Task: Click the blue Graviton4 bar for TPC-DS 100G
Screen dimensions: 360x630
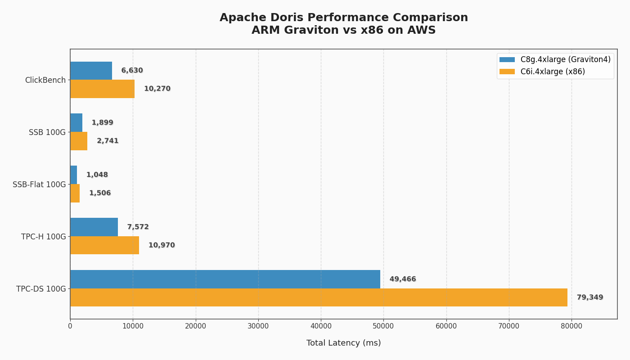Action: click(x=225, y=279)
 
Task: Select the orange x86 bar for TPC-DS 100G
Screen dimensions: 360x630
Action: click(x=319, y=297)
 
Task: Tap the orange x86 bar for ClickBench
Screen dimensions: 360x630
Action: click(x=102, y=89)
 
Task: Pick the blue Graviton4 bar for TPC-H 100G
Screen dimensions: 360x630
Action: click(x=94, y=227)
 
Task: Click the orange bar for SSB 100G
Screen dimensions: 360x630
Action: click(x=79, y=141)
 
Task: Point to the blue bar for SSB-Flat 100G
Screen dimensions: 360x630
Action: click(x=74, y=175)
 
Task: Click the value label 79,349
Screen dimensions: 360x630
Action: click(x=590, y=297)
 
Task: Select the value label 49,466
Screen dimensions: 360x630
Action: click(x=403, y=279)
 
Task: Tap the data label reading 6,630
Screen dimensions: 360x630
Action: click(x=132, y=71)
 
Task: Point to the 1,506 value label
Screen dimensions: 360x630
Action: click(x=100, y=193)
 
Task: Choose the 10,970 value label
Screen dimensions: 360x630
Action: click(x=162, y=245)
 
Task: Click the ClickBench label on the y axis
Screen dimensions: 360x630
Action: click(x=45, y=80)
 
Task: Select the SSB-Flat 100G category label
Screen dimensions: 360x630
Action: click(x=39, y=184)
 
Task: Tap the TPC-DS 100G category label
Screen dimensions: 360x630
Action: click(x=41, y=289)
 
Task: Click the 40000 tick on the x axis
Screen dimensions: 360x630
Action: click(x=321, y=326)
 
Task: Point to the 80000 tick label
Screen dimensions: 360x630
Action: click(x=571, y=326)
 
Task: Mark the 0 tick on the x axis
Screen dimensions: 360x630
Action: click(x=70, y=326)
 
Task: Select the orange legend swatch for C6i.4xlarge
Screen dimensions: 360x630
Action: click(x=507, y=72)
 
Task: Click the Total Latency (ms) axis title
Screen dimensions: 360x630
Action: click(x=343, y=343)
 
